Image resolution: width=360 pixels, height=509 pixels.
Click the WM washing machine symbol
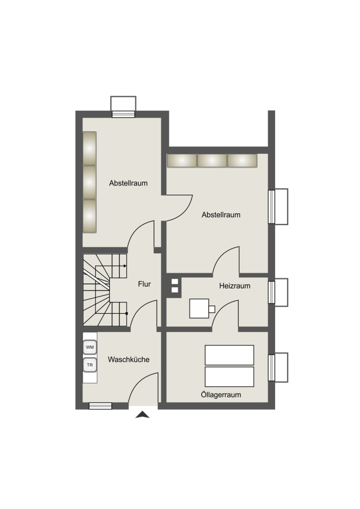click(x=89, y=347)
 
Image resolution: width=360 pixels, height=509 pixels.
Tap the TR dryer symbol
click(x=89, y=365)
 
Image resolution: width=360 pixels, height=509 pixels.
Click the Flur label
click(x=144, y=284)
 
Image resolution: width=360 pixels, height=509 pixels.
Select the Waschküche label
click(x=128, y=359)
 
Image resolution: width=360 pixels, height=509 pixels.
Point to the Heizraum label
click(x=234, y=286)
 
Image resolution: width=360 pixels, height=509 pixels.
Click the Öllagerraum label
click(x=221, y=395)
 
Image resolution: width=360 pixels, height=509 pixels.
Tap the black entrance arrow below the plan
click(x=142, y=415)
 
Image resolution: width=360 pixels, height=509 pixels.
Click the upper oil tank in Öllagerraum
click(x=229, y=355)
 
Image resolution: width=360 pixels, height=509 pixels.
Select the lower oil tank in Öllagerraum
click(x=229, y=377)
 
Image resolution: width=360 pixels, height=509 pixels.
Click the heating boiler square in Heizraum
click(x=199, y=308)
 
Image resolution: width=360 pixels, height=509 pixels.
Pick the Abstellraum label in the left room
click(x=128, y=183)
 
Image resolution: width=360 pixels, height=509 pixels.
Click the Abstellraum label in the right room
click(x=221, y=214)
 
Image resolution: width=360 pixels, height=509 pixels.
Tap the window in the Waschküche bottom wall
click(x=100, y=406)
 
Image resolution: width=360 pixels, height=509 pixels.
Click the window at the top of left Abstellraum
click(x=123, y=114)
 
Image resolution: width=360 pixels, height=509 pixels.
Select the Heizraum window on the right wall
click(x=272, y=292)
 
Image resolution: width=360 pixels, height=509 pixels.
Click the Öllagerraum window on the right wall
click(x=272, y=368)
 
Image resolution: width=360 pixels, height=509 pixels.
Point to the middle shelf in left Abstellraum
click(x=89, y=182)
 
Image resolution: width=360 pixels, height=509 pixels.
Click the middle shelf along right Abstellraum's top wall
click(x=212, y=161)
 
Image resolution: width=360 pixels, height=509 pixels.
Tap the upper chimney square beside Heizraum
click(x=175, y=282)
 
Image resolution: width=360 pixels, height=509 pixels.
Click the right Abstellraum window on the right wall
click(x=272, y=206)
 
